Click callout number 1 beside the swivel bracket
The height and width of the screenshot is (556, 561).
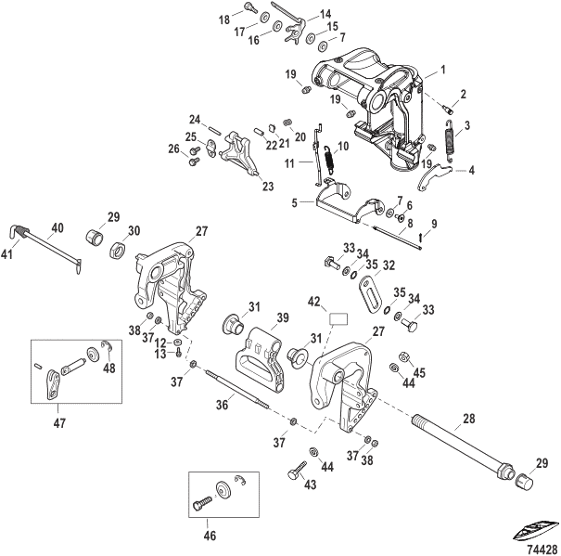(444, 71)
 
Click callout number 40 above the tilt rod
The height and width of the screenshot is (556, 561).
(57, 228)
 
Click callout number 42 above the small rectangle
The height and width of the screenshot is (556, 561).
(314, 301)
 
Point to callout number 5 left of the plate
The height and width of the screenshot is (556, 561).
(296, 201)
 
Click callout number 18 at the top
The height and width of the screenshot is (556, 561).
(223, 19)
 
